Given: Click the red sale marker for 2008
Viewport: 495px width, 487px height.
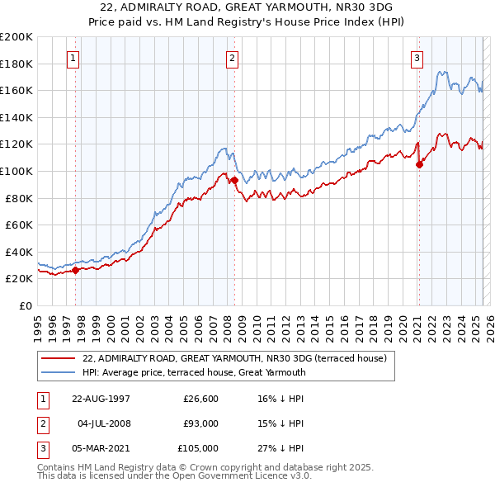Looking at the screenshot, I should (x=234, y=181).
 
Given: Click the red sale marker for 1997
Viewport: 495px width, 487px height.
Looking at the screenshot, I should (x=75, y=269).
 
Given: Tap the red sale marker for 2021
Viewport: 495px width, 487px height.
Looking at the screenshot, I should (x=419, y=164).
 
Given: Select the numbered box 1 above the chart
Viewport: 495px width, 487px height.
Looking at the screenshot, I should (x=73, y=58).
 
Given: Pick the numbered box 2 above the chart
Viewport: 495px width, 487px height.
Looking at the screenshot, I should (x=233, y=58).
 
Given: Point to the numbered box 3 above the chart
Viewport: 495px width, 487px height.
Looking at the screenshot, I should (x=417, y=58).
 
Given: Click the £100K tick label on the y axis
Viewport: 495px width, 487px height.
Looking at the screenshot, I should (x=16, y=171).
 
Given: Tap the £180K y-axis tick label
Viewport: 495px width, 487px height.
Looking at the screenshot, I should (x=16, y=64).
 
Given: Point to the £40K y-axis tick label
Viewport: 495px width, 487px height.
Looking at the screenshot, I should (x=19, y=252).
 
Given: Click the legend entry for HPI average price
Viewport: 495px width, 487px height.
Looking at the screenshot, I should (x=194, y=372).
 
